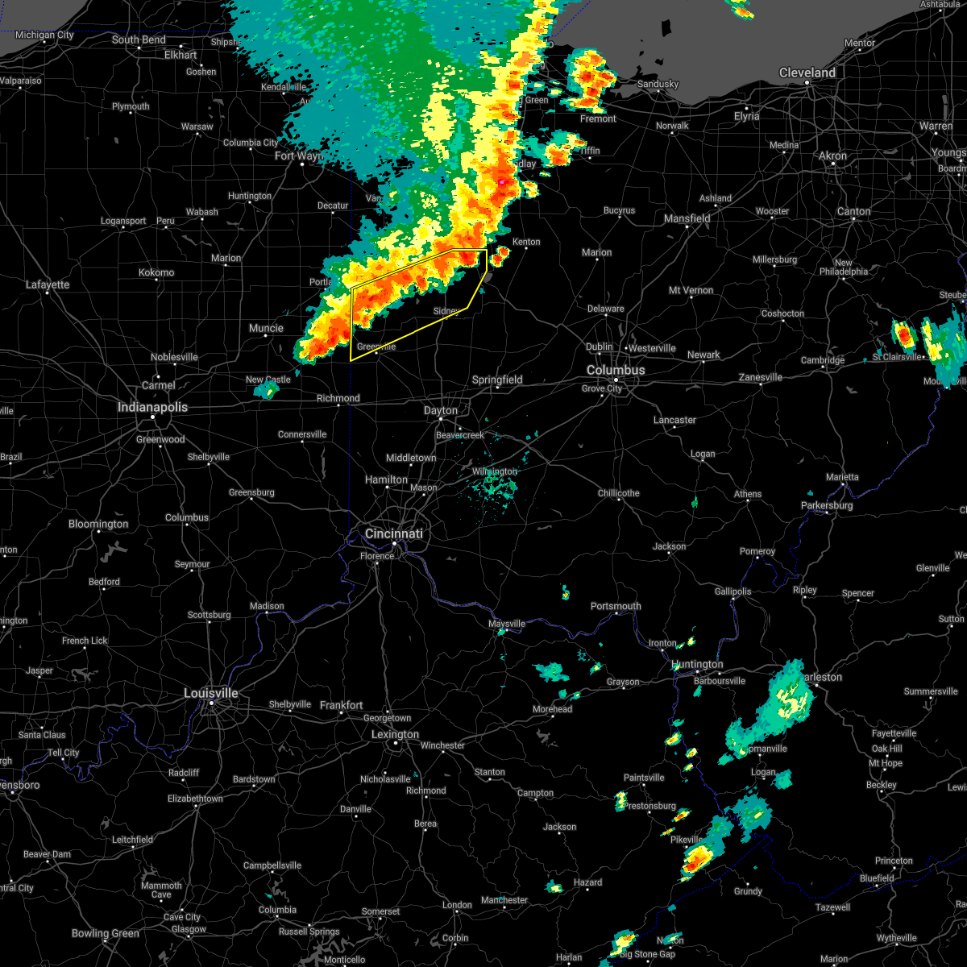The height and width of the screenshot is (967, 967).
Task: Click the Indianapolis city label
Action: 152,407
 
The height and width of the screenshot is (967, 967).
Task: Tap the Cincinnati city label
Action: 393,533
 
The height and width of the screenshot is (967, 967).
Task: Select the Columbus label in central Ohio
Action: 616,370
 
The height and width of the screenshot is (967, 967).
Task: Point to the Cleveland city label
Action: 807,73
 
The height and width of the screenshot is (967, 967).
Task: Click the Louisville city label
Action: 211,693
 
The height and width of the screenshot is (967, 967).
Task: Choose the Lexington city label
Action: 395,734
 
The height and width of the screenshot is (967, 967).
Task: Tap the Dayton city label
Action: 441,411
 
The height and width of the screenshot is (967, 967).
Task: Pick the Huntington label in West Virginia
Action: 697,665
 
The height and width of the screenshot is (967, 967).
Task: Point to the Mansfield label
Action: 687,218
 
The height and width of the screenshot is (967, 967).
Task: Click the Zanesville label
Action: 761,377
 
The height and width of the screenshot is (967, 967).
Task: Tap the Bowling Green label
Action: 106,933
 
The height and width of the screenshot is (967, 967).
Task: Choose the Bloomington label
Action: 98,524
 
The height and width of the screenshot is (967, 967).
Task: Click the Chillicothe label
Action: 619,493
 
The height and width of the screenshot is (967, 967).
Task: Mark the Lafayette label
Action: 48,284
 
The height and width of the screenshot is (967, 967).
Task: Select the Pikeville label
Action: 687,840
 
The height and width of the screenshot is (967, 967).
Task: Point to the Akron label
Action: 832,156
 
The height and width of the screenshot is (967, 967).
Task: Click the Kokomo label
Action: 156,272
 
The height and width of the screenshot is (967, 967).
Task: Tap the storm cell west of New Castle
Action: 265,390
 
